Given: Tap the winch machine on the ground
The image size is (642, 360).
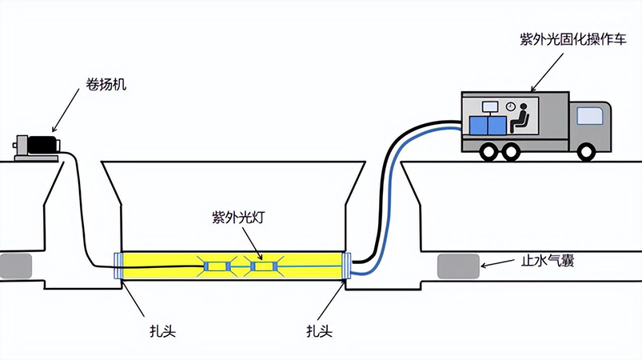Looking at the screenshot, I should pos(38,146).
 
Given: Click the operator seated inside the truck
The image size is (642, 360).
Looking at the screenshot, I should pos(520,118).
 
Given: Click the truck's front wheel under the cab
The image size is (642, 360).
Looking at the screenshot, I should pos(587,150).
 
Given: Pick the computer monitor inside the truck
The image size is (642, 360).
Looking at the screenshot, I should pos(488,106).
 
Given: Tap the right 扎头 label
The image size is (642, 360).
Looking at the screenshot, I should pos(319,330).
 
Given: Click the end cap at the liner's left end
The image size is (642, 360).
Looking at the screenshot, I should pos(118,266).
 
